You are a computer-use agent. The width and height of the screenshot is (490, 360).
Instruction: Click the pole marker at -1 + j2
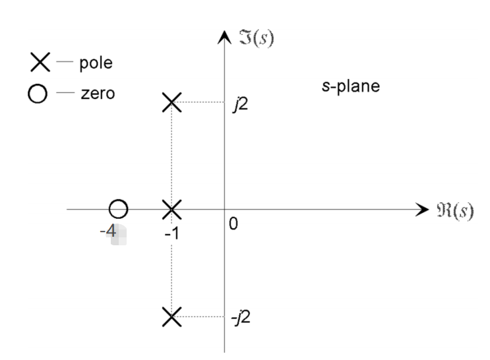pyautogui.click(x=171, y=102)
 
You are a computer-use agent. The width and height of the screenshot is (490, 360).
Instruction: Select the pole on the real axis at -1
pyautogui.click(x=171, y=210)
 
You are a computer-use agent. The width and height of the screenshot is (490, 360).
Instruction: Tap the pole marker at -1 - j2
pyautogui.click(x=171, y=317)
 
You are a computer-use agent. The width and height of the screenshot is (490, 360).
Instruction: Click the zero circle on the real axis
pyautogui.click(x=118, y=210)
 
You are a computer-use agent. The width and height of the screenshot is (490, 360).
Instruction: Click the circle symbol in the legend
pyautogui.click(x=38, y=94)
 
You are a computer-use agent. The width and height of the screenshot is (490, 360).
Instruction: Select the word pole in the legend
pyautogui.click(x=96, y=64)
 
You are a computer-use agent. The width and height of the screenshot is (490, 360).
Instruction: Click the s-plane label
pyautogui.click(x=350, y=86)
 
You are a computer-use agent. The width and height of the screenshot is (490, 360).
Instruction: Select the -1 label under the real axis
pyautogui.click(x=170, y=233)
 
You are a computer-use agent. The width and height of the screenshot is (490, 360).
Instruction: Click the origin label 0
pyautogui.click(x=233, y=224)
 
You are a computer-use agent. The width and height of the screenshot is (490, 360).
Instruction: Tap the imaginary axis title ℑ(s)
pyautogui.click(x=255, y=38)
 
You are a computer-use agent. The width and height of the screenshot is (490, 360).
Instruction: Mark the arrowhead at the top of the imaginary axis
pyautogui.click(x=225, y=37)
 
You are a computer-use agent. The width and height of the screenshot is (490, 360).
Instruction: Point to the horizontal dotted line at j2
pyautogui.click(x=202, y=102)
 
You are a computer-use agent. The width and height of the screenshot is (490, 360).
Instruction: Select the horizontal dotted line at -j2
pyautogui.click(x=202, y=317)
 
